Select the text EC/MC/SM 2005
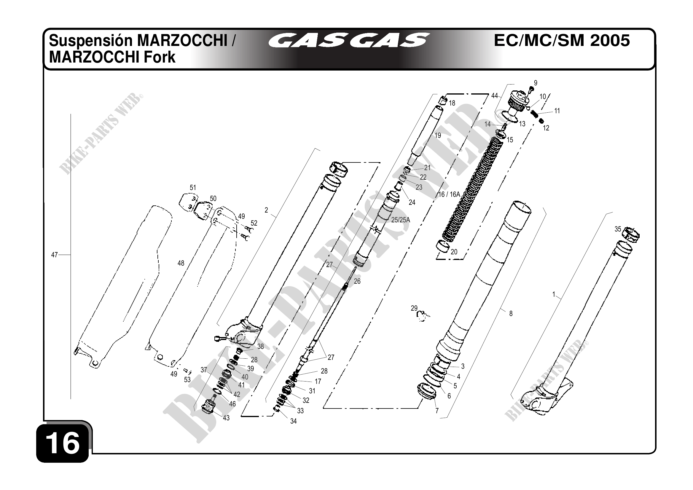tap(562, 40)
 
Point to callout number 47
tap(54, 255)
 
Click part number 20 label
tap(454, 252)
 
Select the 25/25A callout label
tap(401, 220)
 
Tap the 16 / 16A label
tap(449, 195)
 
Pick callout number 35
tap(618, 229)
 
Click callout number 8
tap(511, 314)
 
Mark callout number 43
tap(226, 418)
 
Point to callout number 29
tap(414, 308)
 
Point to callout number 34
tap(293, 421)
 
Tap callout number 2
tap(266, 210)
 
